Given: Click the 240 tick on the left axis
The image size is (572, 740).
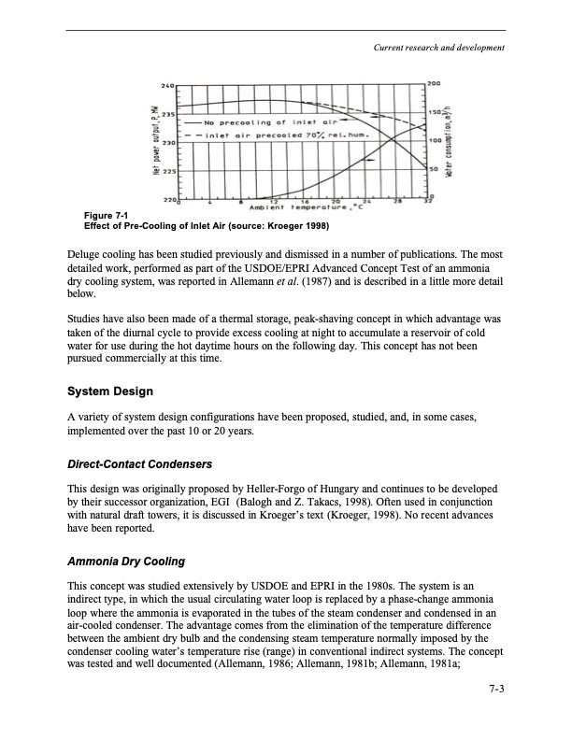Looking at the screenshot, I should (x=168, y=85).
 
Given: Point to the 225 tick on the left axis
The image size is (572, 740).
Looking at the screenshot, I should (x=168, y=172).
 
